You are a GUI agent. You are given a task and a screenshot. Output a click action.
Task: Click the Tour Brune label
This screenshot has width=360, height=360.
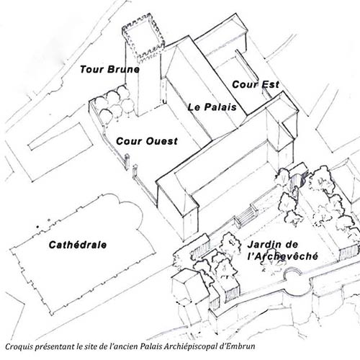coord(109,69)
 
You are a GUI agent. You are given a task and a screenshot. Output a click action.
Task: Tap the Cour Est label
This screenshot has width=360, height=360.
coord(256,84)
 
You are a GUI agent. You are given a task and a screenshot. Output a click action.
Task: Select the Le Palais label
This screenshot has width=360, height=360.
coord(212,107)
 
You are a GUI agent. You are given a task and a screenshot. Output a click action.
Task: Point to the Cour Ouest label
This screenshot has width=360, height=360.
coord(147,141)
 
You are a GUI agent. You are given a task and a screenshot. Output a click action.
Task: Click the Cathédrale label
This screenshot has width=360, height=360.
coord(78,245)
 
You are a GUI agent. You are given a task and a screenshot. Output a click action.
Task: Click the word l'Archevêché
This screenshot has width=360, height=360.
coord(283,256)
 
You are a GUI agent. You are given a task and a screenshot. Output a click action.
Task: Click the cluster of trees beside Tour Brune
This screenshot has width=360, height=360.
coord(114,104)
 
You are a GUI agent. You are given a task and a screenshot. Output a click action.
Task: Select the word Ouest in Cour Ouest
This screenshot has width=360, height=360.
coord(162,141)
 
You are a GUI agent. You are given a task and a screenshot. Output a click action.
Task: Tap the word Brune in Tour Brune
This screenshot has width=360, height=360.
coord(124,69)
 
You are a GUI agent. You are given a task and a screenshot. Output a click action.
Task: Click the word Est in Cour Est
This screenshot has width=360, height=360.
coord(270,84)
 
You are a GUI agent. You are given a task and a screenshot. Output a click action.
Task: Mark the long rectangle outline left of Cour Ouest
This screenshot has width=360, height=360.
coord(60,137)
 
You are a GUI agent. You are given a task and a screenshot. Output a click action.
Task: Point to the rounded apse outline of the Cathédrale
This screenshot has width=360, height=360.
coord(131,209)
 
